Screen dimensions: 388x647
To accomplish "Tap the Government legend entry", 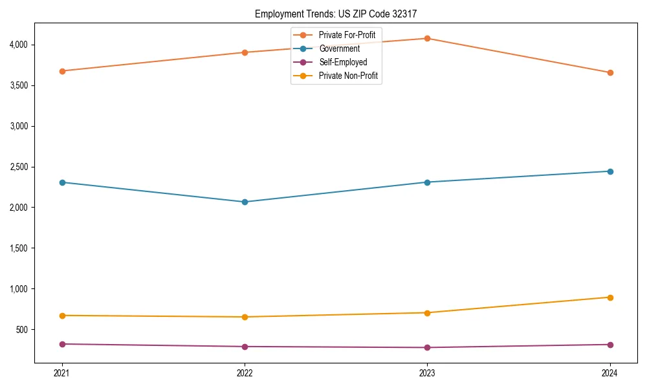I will tap(339, 48).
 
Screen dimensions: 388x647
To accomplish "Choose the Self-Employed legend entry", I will tap(343, 62).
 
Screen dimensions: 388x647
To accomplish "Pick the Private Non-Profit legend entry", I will tap(348, 76).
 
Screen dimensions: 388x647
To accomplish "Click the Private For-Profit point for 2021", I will tap(62, 71).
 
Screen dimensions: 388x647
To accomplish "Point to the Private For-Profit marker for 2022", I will tap(245, 52).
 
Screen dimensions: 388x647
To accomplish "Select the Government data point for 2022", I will tap(245, 202).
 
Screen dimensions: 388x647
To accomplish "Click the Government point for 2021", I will tap(62, 182).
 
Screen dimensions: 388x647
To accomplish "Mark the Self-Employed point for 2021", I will tap(62, 344).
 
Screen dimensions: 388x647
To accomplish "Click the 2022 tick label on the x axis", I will tap(245, 373).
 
